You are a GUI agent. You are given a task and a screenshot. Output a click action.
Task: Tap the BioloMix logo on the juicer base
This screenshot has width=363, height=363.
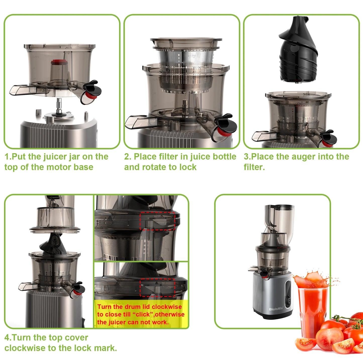coord(276,309)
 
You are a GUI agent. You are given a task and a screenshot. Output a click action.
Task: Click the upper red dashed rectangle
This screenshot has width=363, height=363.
coord(157,221)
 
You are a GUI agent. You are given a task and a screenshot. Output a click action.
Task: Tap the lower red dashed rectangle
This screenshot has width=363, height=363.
coord(157,287)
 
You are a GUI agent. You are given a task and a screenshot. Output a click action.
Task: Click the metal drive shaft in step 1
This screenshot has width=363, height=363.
coord(59,106)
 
